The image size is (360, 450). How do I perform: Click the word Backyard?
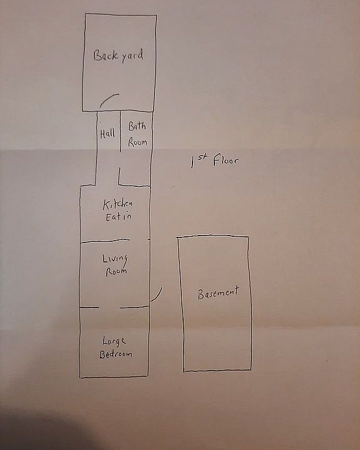point(118,56)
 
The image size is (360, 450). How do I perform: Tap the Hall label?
point(107,134)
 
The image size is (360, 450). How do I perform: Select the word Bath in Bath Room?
point(137,126)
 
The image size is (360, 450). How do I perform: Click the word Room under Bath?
point(137,142)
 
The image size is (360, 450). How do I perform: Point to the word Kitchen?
point(117,204)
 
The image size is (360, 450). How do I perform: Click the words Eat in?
point(118,216)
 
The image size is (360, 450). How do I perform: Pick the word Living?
point(115,259)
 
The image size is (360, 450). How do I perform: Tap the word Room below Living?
point(116,271)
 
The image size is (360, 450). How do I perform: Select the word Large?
point(114,341)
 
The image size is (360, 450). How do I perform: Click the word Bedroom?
point(116,354)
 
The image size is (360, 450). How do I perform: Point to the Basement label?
point(218,292)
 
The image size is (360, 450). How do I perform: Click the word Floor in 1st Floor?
point(226,160)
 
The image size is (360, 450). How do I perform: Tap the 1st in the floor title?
point(199,162)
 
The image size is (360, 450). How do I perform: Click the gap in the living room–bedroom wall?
point(109,307)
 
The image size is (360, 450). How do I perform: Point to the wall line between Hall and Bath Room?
point(120,131)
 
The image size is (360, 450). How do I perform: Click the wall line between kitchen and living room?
point(105,241)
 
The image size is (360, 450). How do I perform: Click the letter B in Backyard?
point(97,56)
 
